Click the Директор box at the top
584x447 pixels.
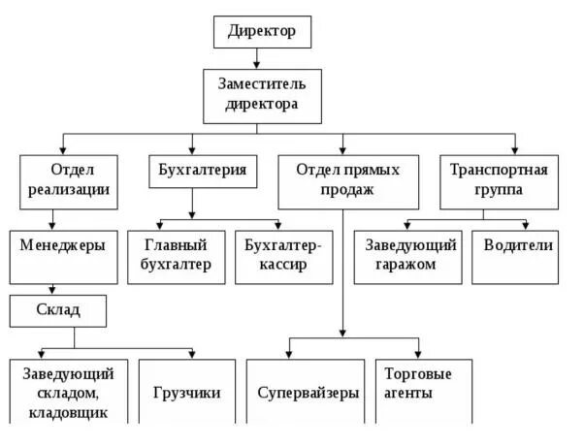[262, 32]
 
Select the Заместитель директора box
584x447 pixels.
[262, 93]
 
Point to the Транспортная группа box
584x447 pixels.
[499, 180]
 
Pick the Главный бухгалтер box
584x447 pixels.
[176, 256]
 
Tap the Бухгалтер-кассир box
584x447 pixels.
[283, 256]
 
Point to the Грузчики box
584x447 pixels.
[187, 393]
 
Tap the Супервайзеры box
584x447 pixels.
[308, 393]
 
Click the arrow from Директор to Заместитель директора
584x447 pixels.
[262, 58]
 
